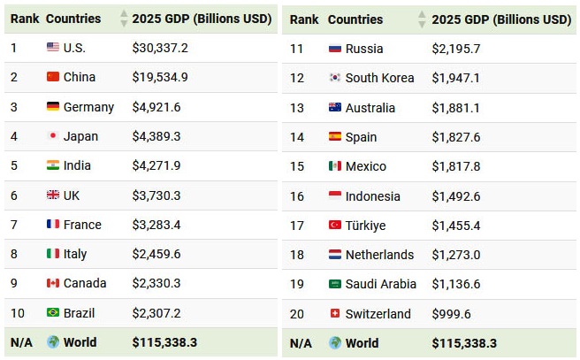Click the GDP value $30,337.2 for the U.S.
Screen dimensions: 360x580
(x=160, y=48)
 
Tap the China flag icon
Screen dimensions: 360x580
(x=53, y=77)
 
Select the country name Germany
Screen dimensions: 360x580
(x=88, y=107)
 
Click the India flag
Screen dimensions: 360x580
(x=53, y=165)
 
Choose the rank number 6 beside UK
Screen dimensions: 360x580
(x=14, y=195)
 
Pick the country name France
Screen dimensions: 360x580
(x=82, y=225)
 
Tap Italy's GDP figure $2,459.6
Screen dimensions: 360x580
(x=156, y=254)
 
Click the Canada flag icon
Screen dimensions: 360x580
(x=53, y=283)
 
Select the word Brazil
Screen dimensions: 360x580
(x=79, y=313)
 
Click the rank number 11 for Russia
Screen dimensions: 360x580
(x=297, y=49)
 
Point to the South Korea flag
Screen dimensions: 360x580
(x=335, y=78)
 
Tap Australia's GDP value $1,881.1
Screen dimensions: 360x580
(x=456, y=108)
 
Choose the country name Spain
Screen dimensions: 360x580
(x=361, y=137)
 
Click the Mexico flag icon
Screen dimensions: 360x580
(x=335, y=166)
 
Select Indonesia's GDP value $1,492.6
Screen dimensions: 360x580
(x=456, y=196)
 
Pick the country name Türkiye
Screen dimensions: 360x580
(x=365, y=226)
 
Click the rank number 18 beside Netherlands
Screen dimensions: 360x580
(x=297, y=255)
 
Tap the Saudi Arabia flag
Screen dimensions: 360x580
(x=335, y=284)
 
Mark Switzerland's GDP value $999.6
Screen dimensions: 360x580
(x=451, y=314)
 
